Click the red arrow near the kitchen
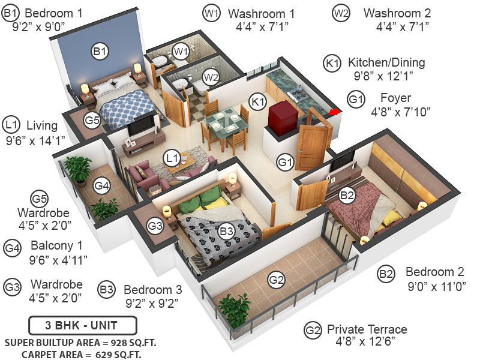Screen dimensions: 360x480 tap(334, 111)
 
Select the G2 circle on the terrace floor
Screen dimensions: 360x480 tap(276, 280)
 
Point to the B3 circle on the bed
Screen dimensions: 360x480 tap(226, 230)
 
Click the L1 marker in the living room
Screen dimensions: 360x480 tap(173, 158)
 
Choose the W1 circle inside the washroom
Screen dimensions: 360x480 tap(181, 52)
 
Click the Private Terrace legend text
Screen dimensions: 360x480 tap(367, 329)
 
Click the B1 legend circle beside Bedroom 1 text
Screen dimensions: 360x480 tap(12, 13)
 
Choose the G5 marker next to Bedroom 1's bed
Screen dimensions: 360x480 tap(92, 120)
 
